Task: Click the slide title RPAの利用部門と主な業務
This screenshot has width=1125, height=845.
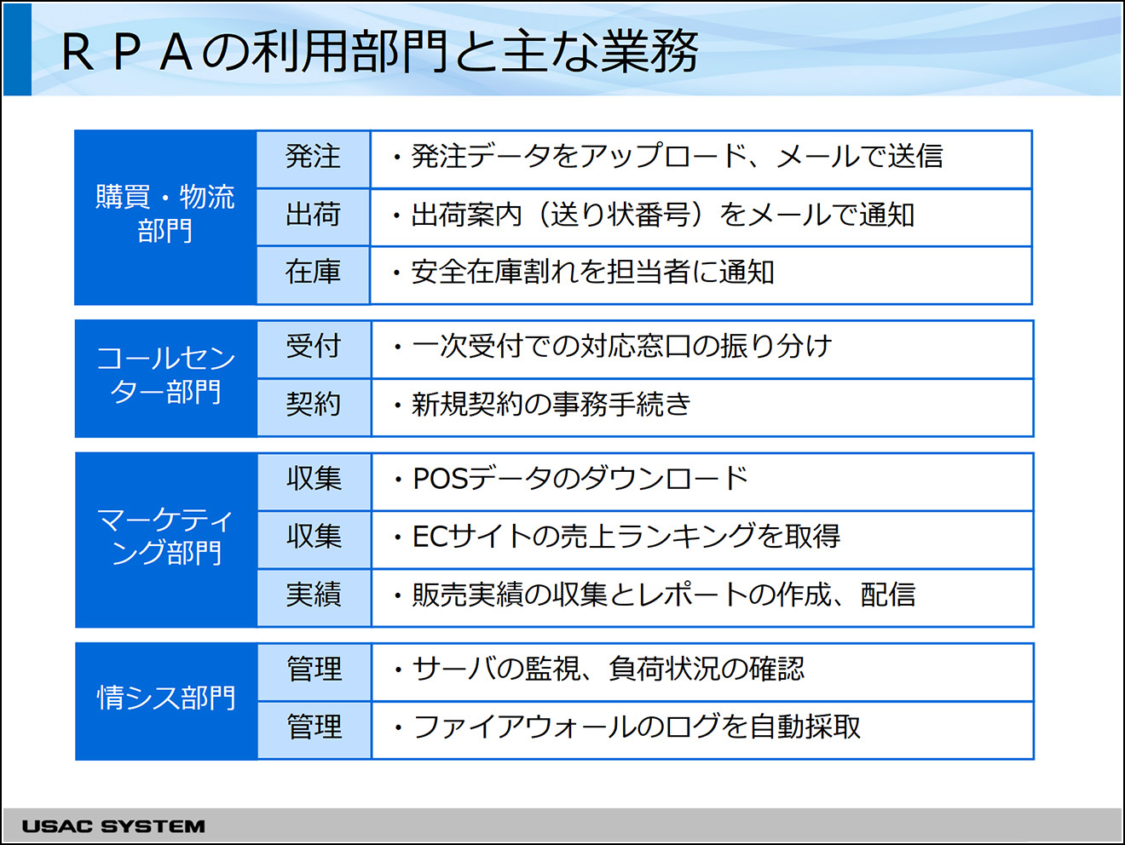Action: [x=380, y=51]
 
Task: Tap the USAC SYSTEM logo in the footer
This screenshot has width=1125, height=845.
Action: [x=113, y=825]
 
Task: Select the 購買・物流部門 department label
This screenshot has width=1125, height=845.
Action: [x=165, y=214]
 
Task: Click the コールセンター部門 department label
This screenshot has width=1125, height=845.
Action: [x=166, y=375]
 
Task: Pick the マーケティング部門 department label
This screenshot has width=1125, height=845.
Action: [x=166, y=536]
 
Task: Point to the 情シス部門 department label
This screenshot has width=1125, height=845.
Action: [x=166, y=697]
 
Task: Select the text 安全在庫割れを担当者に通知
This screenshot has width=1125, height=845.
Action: [x=592, y=272]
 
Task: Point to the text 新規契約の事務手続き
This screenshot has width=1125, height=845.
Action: [x=551, y=404]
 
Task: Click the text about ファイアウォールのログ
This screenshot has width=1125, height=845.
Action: [x=636, y=727]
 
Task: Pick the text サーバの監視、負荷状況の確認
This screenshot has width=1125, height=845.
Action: [x=609, y=669]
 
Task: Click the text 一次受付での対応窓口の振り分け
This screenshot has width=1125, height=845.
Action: [x=621, y=346]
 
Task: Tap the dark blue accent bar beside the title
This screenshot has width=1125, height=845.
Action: [x=17, y=49]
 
